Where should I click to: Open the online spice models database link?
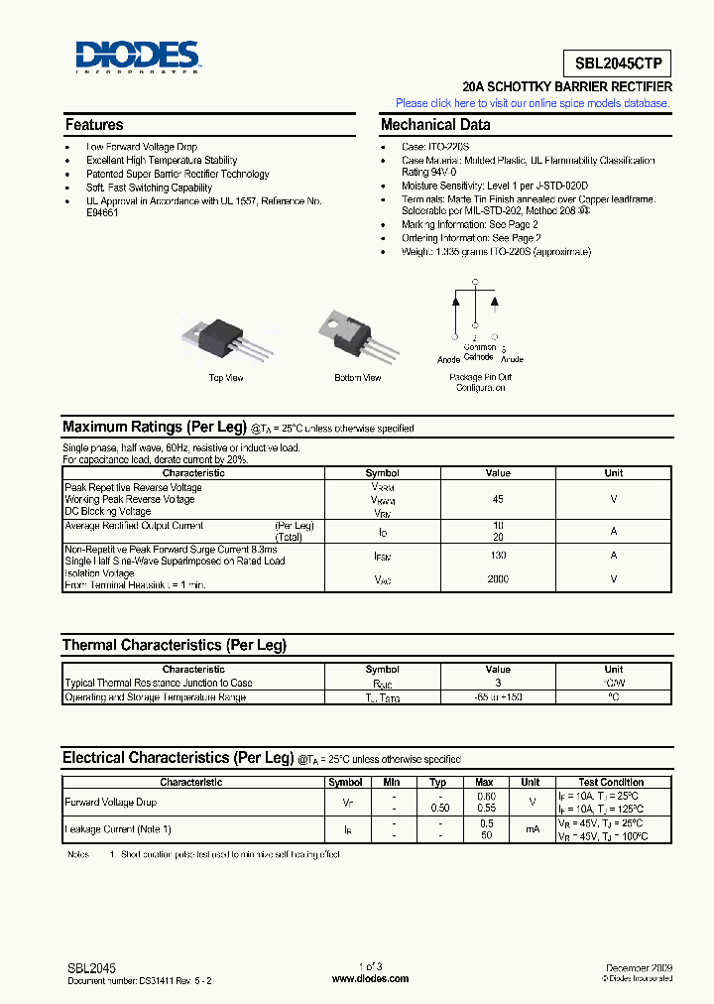tap(533, 103)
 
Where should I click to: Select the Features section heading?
tap(94, 125)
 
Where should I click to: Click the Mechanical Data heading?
tap(435, 125)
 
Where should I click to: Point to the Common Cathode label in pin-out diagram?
tap(479, 352)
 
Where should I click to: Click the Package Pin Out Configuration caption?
tap(481, 383)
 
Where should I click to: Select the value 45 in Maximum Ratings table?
tap(498, 500)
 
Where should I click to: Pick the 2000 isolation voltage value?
tap(498, 578)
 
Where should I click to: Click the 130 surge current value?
tap(498, 556)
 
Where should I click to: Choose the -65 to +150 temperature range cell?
tap(498, 697)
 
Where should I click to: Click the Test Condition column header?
tap(611, 782)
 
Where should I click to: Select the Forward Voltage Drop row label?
tap(110, 802)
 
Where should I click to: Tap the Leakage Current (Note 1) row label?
tap(117, 828)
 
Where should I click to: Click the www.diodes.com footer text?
tap(370, 978)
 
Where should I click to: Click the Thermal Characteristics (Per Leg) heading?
tap(175, 645)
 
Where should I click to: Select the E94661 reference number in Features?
tap(102, 213)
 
